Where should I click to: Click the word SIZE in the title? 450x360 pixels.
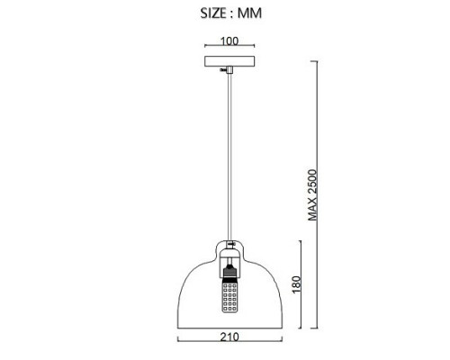pyautogui.click(x=213, y=13)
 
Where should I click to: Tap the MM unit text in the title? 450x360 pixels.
pyautogui.click(x=249, y=13)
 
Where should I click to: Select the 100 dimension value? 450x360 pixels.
pyautogui.click(x=229, y=41)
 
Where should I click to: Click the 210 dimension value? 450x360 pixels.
pyautogui.click(x=229, y=337)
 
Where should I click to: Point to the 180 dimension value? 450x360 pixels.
pyautogui.click(x=296, y=284)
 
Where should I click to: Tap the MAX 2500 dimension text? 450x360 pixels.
pyautogui.click(x=312, y=195)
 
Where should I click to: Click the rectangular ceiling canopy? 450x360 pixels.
pyautogui.click(x=229, y=61)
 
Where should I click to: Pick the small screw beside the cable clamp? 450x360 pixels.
pyautogui.click(x=222, y=70)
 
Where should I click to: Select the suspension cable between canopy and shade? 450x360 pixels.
pyautogui.click(x=229, y=157)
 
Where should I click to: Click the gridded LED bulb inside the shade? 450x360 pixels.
pyautogui.click(x=229, y=295)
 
